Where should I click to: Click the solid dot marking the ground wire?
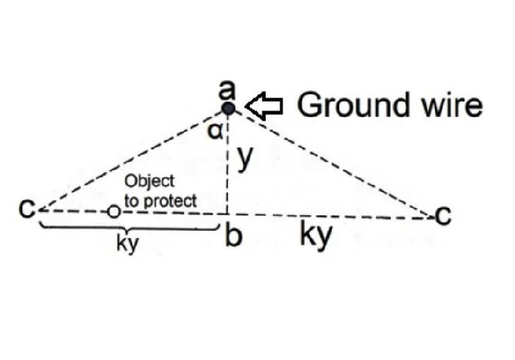click(228, 108)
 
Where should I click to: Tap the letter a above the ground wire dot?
click(227, 90)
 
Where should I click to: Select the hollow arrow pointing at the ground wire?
click(264, 106)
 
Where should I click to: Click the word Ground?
click(353, 105)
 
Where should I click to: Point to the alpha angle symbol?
click(215, 132)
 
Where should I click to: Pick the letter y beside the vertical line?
click(245, 158)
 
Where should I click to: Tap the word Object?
click(150, 181)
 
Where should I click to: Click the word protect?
click(171, 200)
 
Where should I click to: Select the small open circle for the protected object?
click(114, 211)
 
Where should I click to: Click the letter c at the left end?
click(27, 208)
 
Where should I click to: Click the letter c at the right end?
click(443, 216)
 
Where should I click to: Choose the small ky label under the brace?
click(128, 245)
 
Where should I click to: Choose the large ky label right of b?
click(316, 235)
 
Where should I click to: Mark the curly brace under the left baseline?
click(128, 227)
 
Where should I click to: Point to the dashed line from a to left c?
click(131, 160)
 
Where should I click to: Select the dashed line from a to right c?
click(334, 164)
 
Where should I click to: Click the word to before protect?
click(132, 200)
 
